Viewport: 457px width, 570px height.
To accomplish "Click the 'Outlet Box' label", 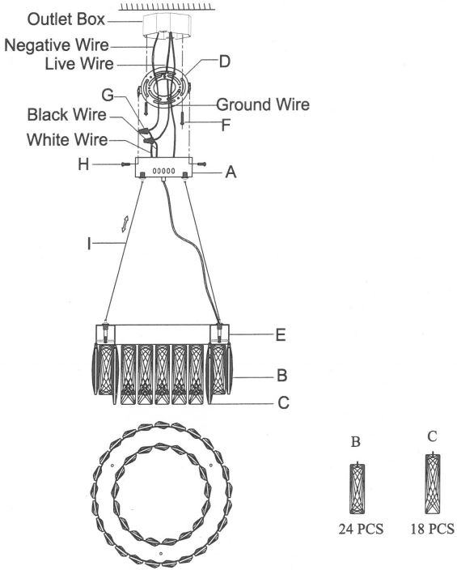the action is click(x=66, y=19).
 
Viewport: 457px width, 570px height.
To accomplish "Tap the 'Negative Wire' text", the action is click(x=57, y=45).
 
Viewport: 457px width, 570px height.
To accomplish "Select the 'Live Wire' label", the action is click(x=79, y=64).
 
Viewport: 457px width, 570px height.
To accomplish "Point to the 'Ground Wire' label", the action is click(x=263, y=104).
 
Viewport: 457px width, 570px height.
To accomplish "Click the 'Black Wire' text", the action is click(x=67, y=115).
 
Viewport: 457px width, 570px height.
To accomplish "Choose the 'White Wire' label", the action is click(x=67, y=140).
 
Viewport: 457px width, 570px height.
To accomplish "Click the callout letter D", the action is click(x=225, y=62).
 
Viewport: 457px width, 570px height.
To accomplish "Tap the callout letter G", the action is click(x=108, y=95).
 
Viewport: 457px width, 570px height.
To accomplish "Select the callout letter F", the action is click(x=226, y=125).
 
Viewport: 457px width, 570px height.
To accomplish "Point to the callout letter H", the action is click(x=83, y=164).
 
